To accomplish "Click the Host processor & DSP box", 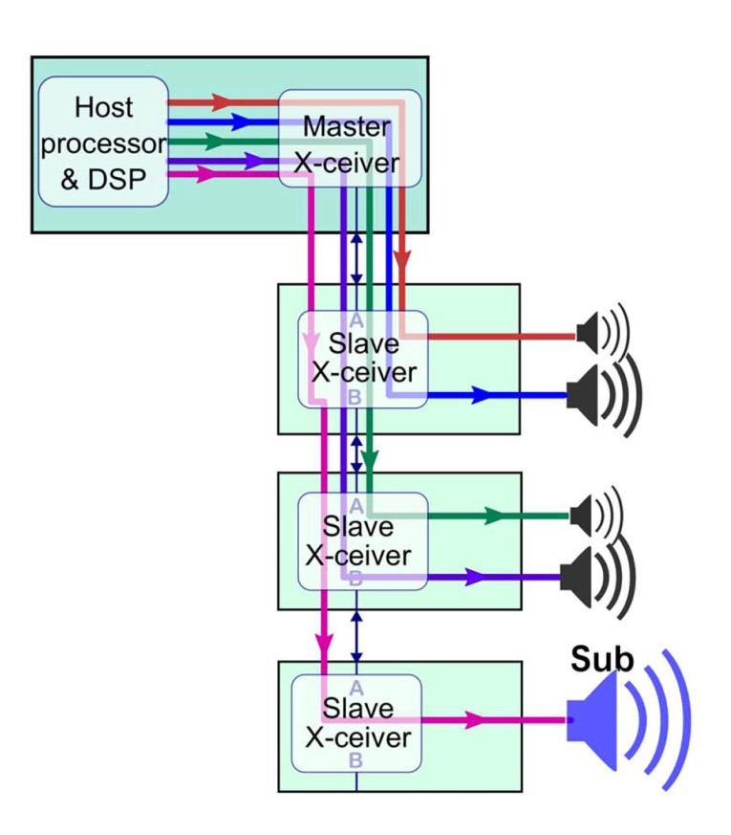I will point(103,142).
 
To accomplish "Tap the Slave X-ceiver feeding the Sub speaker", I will point(356,723).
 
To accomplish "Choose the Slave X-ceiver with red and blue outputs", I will point(361,358).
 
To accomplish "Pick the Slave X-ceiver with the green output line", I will point(361,541).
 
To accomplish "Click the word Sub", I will point(602,659).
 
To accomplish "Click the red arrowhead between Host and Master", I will point(222,100).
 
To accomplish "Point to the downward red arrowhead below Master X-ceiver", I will point(403,260).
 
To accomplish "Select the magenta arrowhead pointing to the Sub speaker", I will point(472,720).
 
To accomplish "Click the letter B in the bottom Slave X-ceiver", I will point(355,761).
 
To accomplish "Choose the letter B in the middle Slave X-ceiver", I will point(355,577).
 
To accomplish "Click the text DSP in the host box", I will point(122,178).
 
